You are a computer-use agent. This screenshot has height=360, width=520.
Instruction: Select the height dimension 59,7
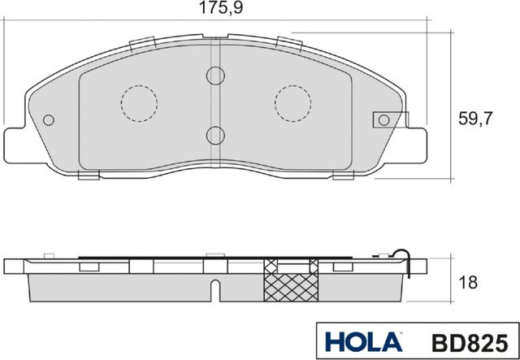(477, 119)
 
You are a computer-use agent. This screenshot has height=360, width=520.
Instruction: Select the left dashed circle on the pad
(138, 102)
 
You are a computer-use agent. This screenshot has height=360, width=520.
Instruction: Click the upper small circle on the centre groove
(214, 76)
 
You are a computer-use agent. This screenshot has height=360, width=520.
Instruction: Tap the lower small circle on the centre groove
(214, 135)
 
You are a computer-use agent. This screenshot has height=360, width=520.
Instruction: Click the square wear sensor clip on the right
(382, 119)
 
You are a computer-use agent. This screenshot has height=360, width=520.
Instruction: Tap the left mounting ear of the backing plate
(18, 145)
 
